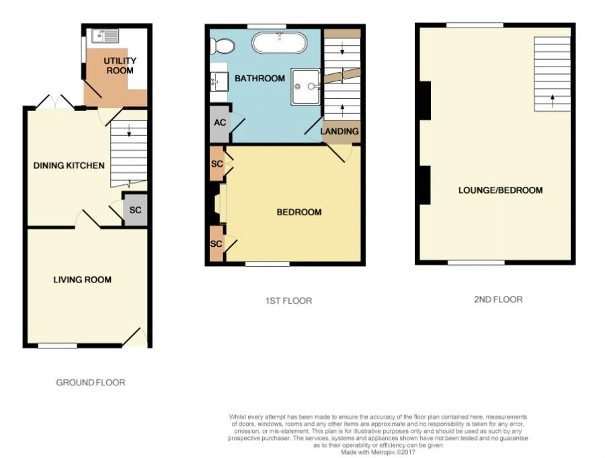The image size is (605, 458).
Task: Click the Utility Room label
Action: [x=120, y=66]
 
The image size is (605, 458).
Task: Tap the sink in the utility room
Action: [x=106, y=36]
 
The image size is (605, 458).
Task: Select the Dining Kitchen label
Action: [x=69, y=165]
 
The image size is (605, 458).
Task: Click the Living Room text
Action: [x=82, y=280]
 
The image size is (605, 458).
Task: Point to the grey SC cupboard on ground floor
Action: [x=134, y=209]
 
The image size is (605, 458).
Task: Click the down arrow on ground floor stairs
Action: [x=129, y=131]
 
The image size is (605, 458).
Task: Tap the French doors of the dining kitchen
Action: [x=56, y=102]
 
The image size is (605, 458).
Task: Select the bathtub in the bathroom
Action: [x=280, y=43]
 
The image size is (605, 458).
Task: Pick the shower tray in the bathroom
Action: [x=306, y=87]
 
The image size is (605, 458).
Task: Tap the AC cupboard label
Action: [x=220, y=122]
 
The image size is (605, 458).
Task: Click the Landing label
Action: [x=339, y=131]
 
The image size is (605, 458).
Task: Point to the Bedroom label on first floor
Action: [x=299, y=212]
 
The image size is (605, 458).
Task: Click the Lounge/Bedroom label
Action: [x=500, y=190]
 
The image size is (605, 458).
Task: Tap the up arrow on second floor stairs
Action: [x=552, y=101]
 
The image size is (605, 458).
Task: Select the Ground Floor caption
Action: [x=91, y=382]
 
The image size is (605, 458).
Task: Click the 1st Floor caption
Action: [x=288, y=301]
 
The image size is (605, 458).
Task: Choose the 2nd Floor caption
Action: [x=498, y=299]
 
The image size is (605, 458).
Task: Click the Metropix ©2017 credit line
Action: [x=378, y=452]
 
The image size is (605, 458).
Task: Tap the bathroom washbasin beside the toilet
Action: [x=218, y=81]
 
